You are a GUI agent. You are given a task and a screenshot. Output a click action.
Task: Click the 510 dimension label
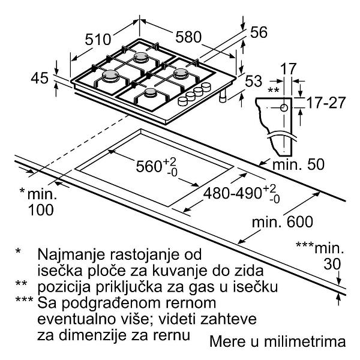(x=98, y=40)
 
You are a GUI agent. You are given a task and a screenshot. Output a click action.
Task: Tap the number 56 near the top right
(x=259, y=34)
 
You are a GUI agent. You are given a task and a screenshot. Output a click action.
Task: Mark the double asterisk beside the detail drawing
(x=274, y=90)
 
